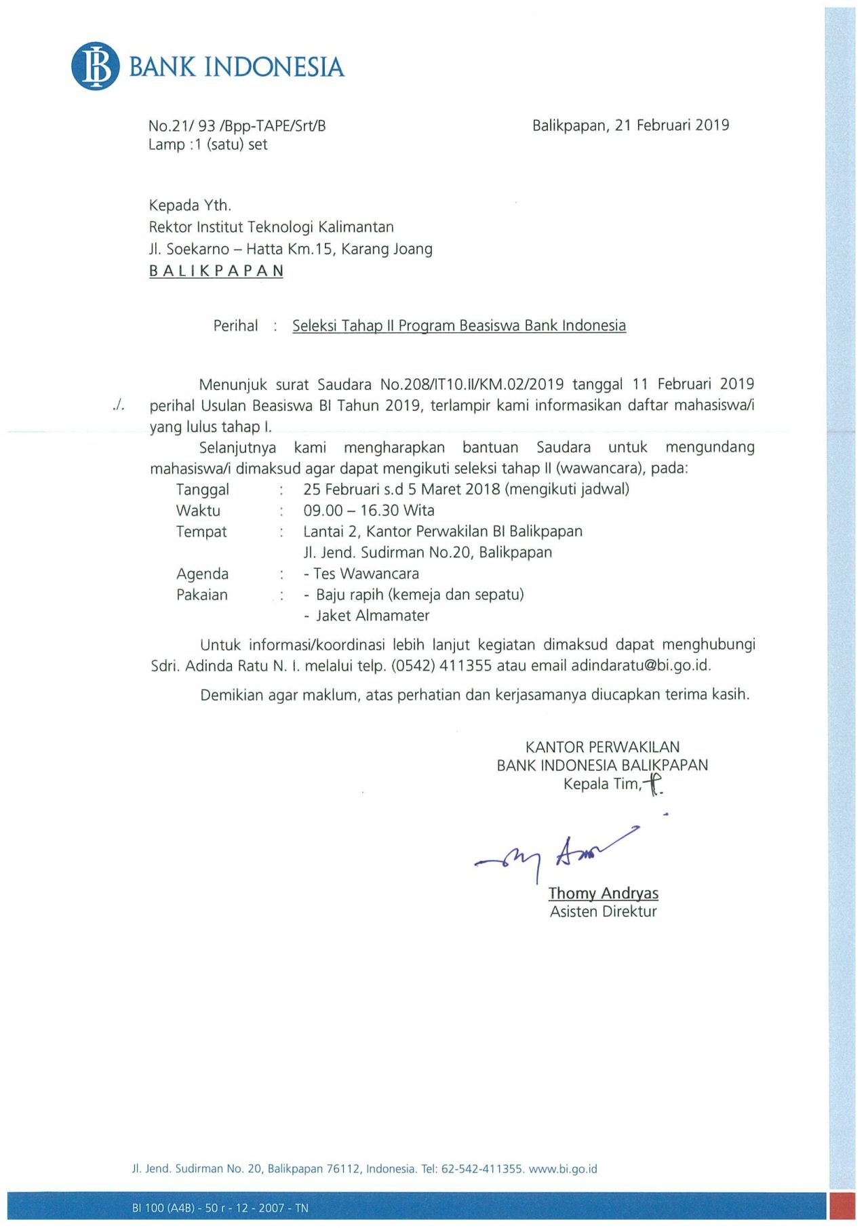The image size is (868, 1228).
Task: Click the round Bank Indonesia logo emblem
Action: pyautogui.click(x=95, y=66)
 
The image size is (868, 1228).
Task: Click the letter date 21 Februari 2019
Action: pyautogui.click(x=671, y=125)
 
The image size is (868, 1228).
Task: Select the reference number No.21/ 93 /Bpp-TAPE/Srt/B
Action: pyautogui.click(x=237, y=125)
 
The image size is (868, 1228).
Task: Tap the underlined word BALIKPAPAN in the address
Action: pyautogui.click(x=216, y=271)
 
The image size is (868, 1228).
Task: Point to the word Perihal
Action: pyautogui.click(x=235, y=325)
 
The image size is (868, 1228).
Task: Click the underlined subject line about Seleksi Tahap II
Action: pyautogui.click(x=459, y=325)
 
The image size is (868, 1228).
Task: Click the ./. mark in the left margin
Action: pyautogui.click(x=119, y=405)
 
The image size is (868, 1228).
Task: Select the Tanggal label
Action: pyautogui.click(x=202, y=490)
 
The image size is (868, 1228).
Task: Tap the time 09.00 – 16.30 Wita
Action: pyautogui.click(x=369, y=511)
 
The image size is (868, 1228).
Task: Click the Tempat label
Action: pyautogui.click(x=201, y=532)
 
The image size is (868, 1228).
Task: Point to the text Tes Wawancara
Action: pyautogui.click(x=366, y=574)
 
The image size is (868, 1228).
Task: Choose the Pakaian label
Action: pyautogui.click(x=201, y=595)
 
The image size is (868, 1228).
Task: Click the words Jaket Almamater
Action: pyautogui.click(x=372, y=616)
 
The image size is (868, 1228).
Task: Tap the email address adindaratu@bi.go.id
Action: pyautogui.click(x=641, y=665)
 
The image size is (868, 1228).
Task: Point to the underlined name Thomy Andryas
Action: pyautogui.click(x=603, y=893)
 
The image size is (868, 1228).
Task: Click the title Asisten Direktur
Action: pyautogui.click(x=603, y=911)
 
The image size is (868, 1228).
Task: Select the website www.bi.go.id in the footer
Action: pyautogui.click(x=563, y=1168)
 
